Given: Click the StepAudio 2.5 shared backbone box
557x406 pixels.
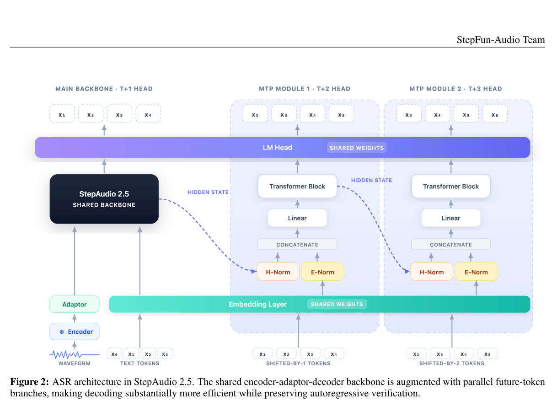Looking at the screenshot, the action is point(104,199).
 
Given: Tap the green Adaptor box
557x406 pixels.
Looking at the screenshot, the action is point(75,304).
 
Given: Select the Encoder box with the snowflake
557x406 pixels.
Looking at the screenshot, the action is point(75,331).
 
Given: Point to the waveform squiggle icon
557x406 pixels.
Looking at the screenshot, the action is point(75,354).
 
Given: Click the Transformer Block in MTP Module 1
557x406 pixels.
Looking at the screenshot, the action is point(297,186).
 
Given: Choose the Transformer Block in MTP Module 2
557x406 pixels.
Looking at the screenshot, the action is point(451,186).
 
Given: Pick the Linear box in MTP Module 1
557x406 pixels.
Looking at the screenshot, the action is point(297,218).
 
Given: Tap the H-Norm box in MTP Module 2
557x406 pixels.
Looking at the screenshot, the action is point(431,272).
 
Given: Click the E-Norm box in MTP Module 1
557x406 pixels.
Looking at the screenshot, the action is point(322,272).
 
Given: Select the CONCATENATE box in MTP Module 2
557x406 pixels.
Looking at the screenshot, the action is point(451,245).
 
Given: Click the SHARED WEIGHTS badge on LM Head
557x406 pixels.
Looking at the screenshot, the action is point(357,148).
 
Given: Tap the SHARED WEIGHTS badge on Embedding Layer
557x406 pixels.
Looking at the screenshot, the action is point(337,304).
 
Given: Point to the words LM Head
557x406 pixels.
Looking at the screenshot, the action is point(278,147).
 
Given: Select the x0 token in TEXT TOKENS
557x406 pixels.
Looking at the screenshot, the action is point(114,354).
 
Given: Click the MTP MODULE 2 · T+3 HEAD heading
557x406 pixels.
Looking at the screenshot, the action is point(456,89).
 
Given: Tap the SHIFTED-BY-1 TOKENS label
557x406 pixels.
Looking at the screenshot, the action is point(298,363).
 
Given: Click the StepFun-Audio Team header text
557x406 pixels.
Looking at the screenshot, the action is point(501,40).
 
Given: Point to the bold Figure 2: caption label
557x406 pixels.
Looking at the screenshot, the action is point(30,382).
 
